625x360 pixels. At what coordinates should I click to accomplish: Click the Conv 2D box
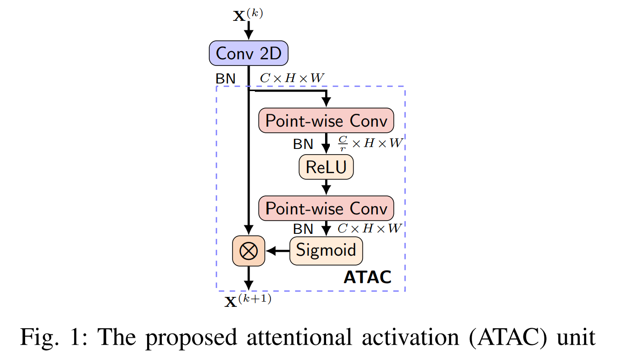249,53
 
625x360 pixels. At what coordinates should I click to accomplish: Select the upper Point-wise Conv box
326,121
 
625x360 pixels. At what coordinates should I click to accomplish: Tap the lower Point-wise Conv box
326,208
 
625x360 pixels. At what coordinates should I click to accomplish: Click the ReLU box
326,167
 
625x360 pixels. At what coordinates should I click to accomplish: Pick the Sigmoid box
326,250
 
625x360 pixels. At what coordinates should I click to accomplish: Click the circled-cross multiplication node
248,250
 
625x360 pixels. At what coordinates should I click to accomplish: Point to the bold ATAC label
367,277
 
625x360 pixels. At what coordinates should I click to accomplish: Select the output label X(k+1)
248,301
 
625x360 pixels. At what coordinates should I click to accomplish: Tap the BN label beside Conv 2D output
225,79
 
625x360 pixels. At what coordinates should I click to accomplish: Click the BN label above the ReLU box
303,144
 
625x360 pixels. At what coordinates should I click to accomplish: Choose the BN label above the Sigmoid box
303,229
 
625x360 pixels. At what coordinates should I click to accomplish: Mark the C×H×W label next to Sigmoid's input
370,228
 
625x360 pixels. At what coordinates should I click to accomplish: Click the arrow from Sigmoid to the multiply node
278,250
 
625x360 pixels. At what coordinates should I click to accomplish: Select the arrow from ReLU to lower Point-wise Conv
326,187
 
